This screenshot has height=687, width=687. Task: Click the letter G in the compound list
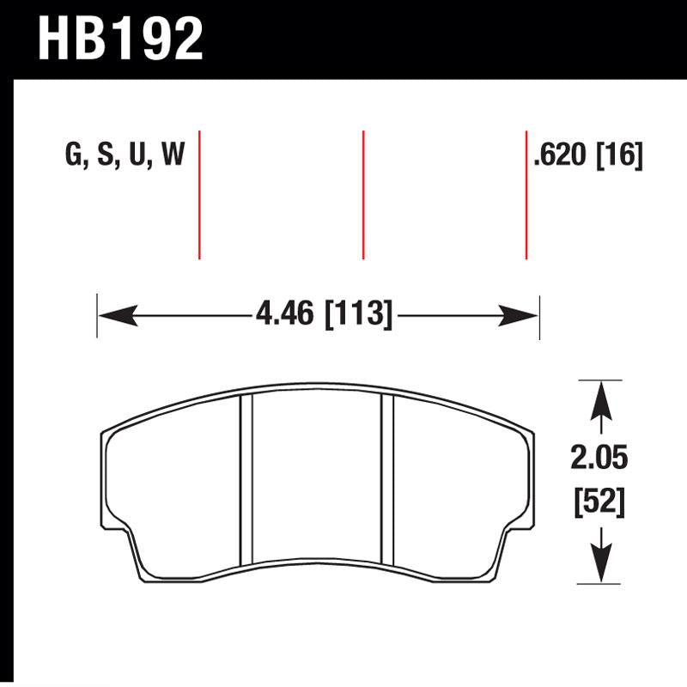73,155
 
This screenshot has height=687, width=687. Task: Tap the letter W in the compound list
172,155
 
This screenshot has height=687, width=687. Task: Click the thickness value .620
561,155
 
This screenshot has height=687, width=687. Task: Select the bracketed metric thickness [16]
618,155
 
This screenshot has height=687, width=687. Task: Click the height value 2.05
599,459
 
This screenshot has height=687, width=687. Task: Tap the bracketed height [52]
599,500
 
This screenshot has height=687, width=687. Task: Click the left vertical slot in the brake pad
247,481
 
